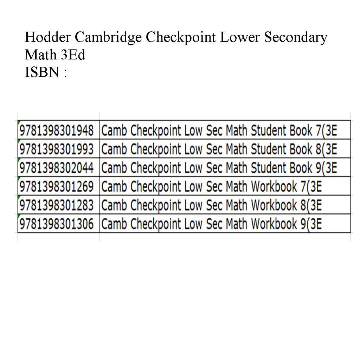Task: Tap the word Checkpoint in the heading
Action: [181, 37]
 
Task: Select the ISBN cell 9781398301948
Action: [57, 131]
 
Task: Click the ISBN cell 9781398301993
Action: [57, 149]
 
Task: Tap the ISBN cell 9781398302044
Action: [57, 168]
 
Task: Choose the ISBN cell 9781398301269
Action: [57, 187]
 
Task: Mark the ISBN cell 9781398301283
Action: [57, 205]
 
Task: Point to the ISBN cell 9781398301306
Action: [57, 224]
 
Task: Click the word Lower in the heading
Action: [240, 37]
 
